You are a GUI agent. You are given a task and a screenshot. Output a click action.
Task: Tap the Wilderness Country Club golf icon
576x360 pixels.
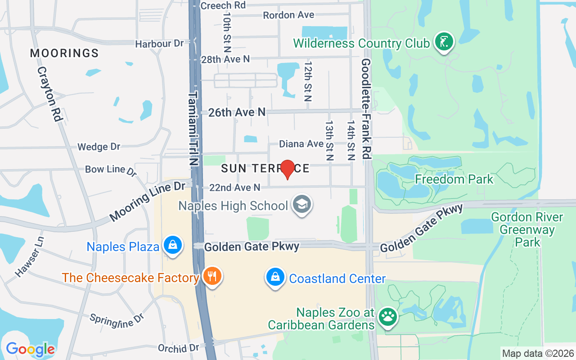[444, 42]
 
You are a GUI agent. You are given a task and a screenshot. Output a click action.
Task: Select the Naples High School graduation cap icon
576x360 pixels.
[302, 205]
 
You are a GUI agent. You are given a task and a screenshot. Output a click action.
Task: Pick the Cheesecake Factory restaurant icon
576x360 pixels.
[211, 276]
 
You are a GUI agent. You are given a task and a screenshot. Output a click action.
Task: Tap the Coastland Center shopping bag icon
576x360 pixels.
[275, 278]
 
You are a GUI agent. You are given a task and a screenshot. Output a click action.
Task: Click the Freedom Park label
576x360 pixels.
[454, 179]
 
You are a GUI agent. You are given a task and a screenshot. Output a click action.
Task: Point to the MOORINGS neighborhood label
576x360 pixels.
[64, 53]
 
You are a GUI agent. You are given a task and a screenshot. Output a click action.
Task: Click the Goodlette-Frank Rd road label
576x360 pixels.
[366, 108]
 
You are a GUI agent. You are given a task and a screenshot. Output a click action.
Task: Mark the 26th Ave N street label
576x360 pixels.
[237, 112]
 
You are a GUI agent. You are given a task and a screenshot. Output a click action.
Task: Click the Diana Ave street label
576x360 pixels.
[301, 144]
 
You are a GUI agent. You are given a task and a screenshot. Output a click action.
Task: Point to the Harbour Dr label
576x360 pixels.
[159, 44]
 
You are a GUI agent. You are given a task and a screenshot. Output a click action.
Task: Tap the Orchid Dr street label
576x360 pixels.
[178, 348]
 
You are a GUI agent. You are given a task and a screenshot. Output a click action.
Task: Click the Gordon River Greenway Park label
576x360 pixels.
[527, 229]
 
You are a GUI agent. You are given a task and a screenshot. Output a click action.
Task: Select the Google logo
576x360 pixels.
[30, 349]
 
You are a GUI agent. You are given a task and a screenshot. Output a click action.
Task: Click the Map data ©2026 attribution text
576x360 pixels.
[538, 353]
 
